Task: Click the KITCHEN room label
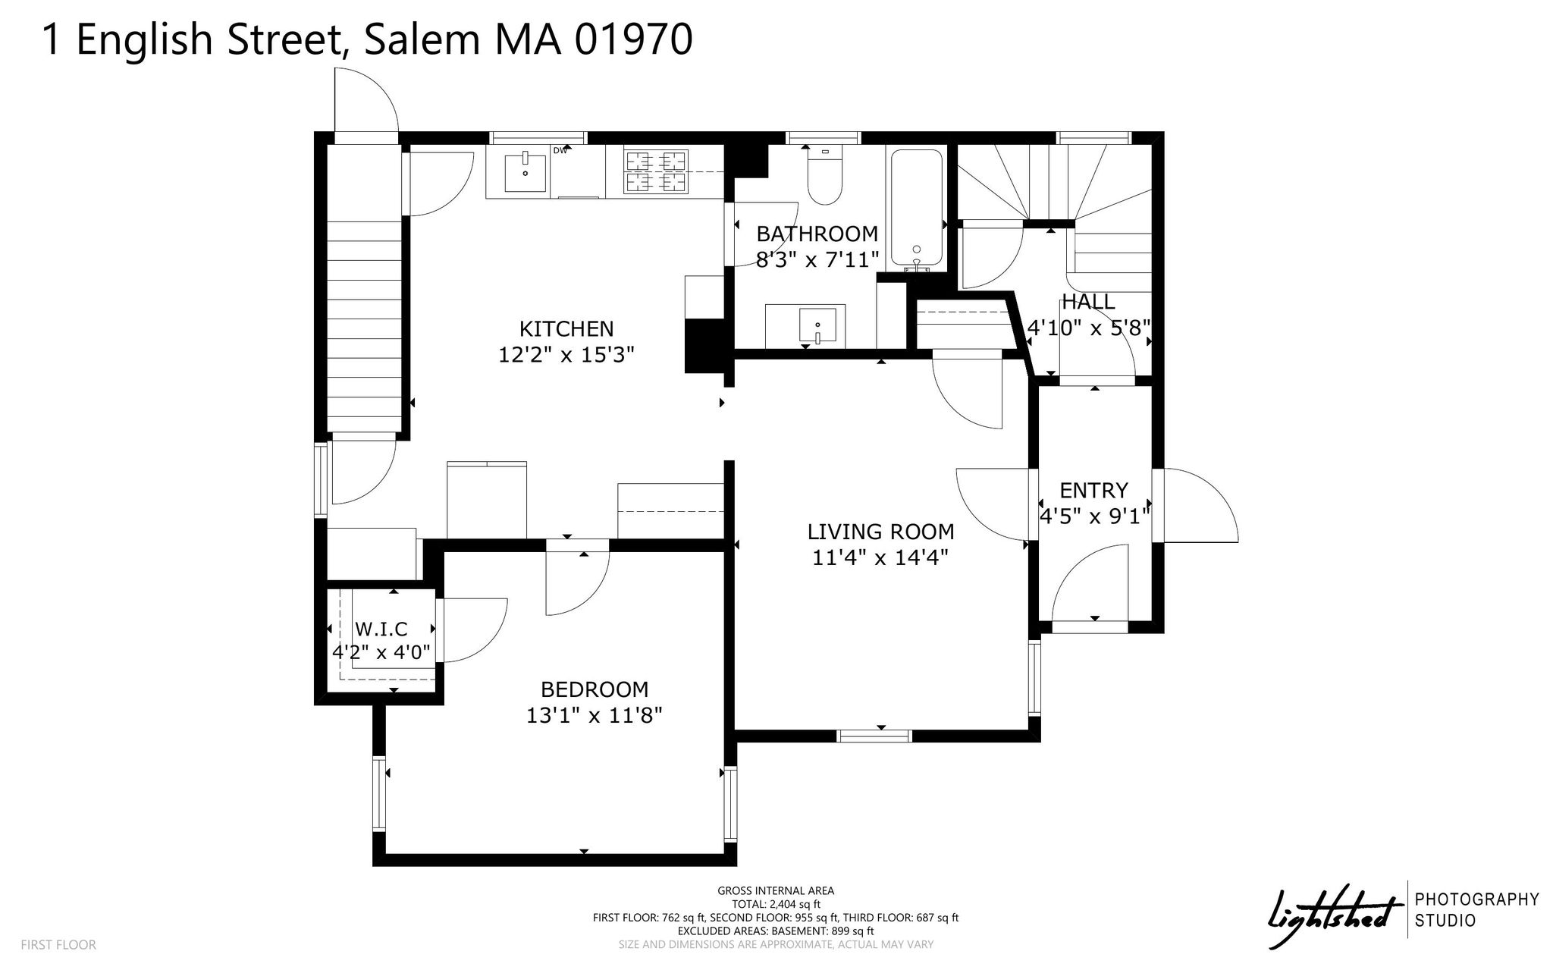coord(566,328)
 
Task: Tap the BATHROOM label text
coord(817,234)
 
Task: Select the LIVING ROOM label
coord(880,532)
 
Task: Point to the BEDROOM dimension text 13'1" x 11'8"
coord(595,715)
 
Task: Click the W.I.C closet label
coord(381,629)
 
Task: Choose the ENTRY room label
coord(1093,490)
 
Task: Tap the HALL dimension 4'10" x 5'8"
coord(1089,328)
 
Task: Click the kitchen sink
coord(525,173)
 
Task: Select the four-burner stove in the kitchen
coord(655,171)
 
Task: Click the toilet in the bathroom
coord(824,175)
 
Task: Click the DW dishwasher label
coord(560,150)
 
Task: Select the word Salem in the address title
coord(422,39)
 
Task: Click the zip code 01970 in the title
coord(633,39)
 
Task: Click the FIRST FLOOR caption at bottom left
coord(58,945)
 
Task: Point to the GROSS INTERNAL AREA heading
coord(776,891)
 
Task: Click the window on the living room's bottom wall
coord(874,736)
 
